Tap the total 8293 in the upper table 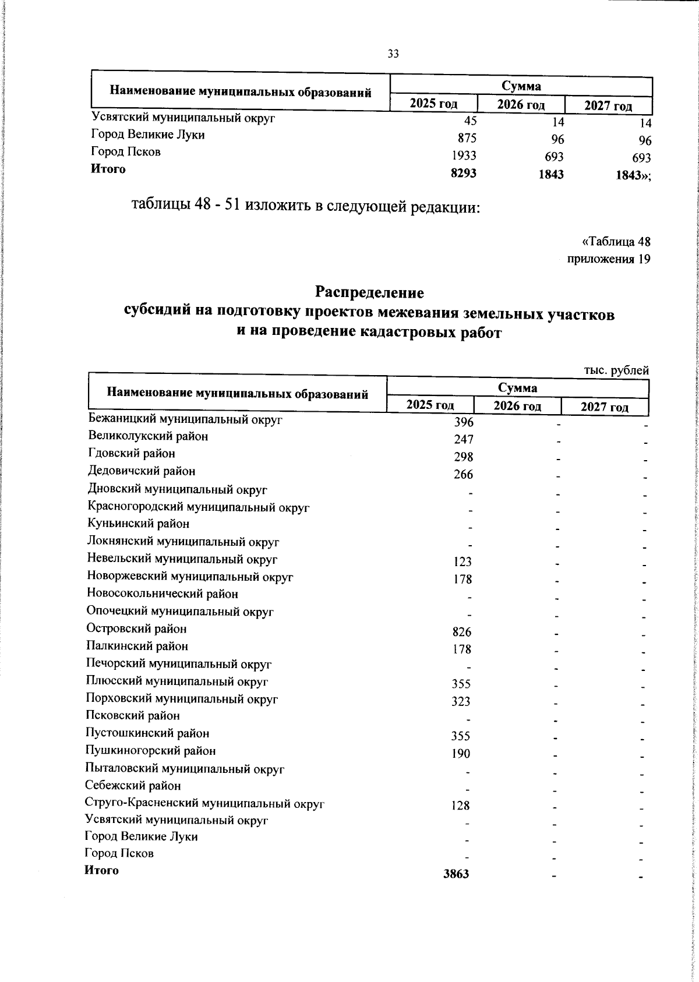(464, 173)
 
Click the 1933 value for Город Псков (464, 156)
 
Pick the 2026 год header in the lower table (517, 406)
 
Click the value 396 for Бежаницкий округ (464, 422)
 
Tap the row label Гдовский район (131, 453)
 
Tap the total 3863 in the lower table (456, 874)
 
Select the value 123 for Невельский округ (462, 562)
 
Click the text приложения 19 (609, 259)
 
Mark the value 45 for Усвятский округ (470, 121)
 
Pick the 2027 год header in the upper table (608, 106)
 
